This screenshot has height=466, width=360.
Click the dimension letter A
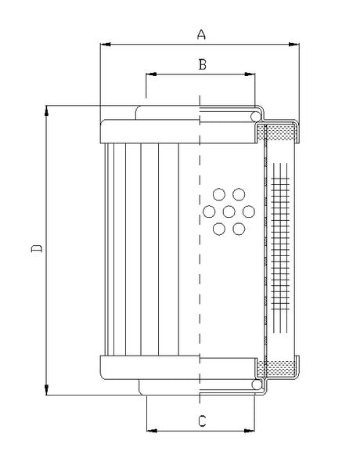pos(201,34)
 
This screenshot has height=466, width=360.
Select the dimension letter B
pos(201,65)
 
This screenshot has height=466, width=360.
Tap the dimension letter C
pos(202,421)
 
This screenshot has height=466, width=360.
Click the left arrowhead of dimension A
pos(105,45)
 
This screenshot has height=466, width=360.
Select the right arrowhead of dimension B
pos(251,75)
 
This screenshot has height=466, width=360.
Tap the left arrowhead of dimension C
pos(151,431)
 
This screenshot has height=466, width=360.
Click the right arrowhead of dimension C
pos(251,431)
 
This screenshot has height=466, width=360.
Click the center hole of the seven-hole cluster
pos(229,211)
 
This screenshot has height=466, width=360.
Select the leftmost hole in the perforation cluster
pos(209,211)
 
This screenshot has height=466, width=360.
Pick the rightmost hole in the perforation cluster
pos(248,211)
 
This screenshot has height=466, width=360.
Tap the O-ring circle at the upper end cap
pos(256,117)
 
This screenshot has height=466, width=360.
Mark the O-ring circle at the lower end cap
pos(256,384)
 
